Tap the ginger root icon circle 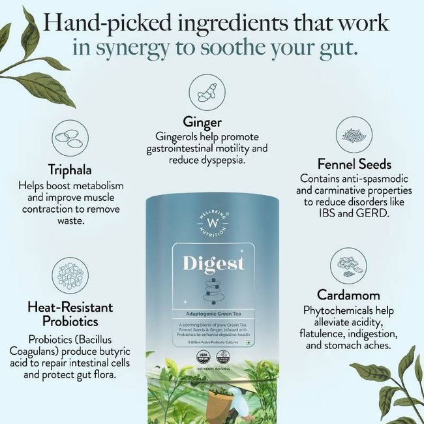tap(207, 93)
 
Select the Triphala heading tap(70, 169)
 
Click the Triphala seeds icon tap(70, 138)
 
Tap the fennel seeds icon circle tap(354, 134)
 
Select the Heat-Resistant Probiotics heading tap(70, 314)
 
